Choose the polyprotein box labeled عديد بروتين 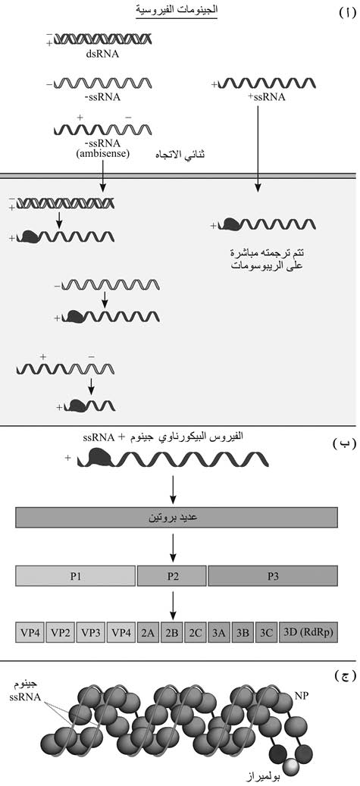(x=177, y=517)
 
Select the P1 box (x=76, y=575)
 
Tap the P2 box (x=172, y=575)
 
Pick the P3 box (x=273, y=575)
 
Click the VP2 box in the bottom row (x=60, y=633)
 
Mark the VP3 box (x=91, y=633)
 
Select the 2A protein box (x=147, y=633)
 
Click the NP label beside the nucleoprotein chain (x=300, y=695)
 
